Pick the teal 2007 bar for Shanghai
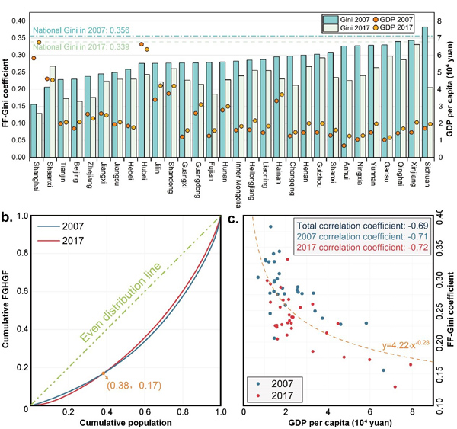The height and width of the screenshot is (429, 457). point(33,130)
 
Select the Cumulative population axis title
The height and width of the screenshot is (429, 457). point(125,421)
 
